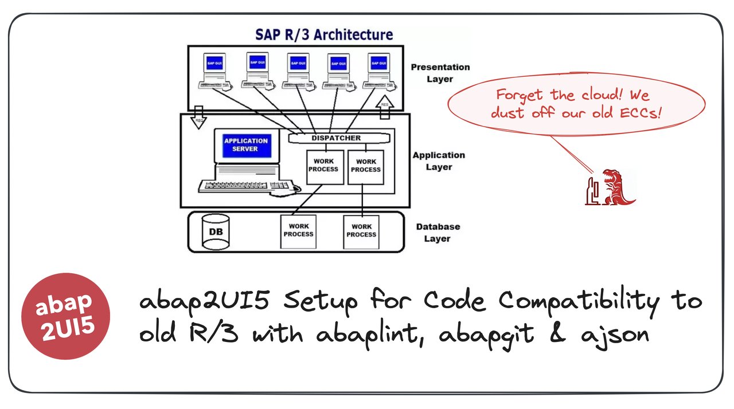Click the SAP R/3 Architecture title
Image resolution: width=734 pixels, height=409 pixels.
(x=324, y=34)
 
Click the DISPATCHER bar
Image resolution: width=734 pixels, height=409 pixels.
(x=336, y=138)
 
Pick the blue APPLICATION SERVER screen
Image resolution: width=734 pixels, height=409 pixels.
(x=246, y=145)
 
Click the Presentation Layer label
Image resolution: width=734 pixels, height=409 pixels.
(x=440, y=73)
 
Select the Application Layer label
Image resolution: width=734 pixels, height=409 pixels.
(x=439, y=161)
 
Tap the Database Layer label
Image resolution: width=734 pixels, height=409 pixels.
(x=438, y=233)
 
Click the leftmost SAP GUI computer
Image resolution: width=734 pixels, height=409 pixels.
(x=214, y=71)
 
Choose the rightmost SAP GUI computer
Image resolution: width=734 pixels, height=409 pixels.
(x=378, y=71)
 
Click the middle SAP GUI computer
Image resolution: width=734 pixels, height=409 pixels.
(x=296, y=71)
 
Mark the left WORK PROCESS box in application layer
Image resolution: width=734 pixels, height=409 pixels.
(x=325, y=167)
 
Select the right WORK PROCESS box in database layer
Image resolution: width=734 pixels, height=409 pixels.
(x=361, y=231)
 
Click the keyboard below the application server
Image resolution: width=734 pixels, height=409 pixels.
(x=246, y=186)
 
